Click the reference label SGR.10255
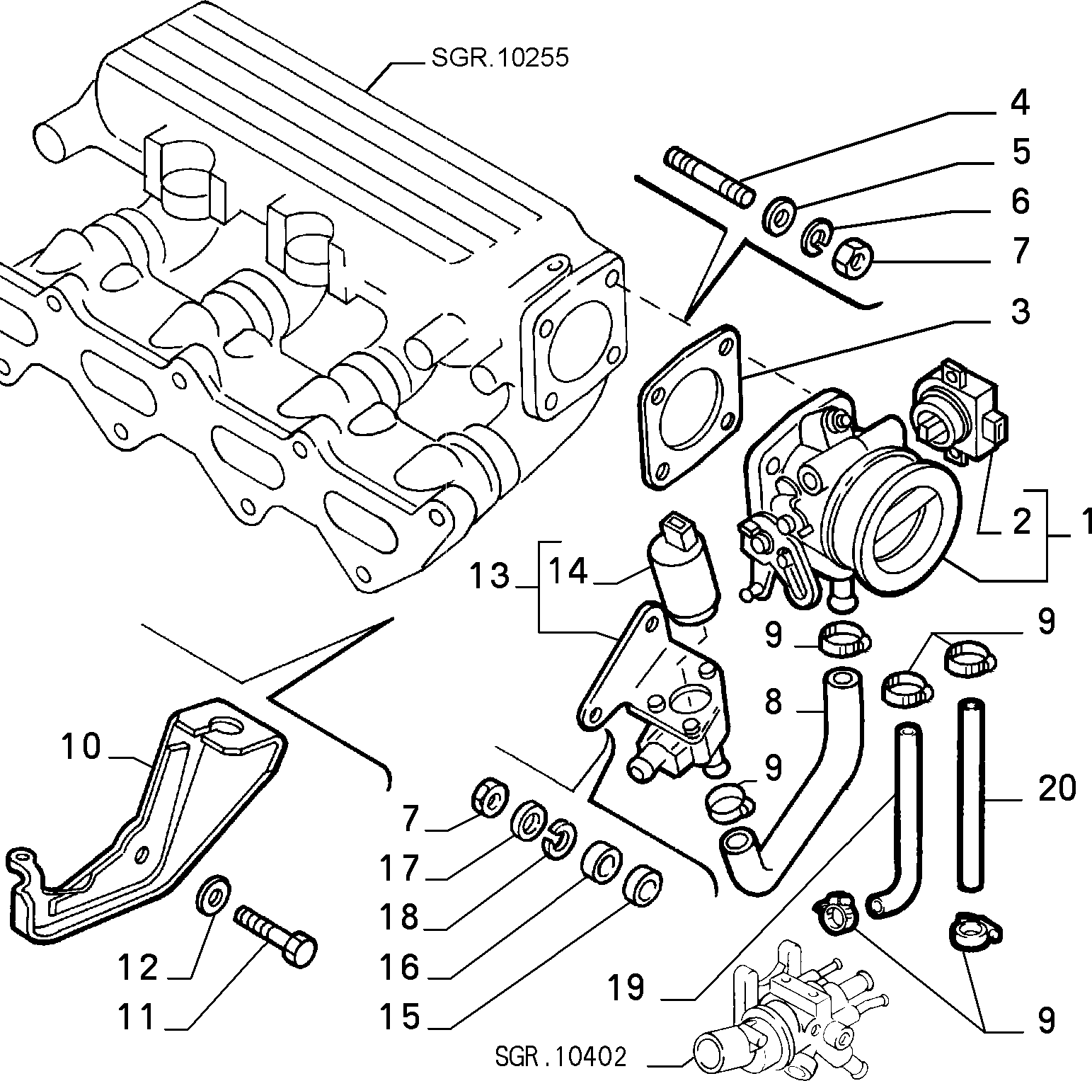click(x=500, y=58)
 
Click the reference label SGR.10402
click(x=561, y=1058)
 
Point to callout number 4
click(x=1019, y=103)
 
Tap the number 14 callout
click(x=568, y=571)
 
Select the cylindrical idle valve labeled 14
click(x=683, y=571)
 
